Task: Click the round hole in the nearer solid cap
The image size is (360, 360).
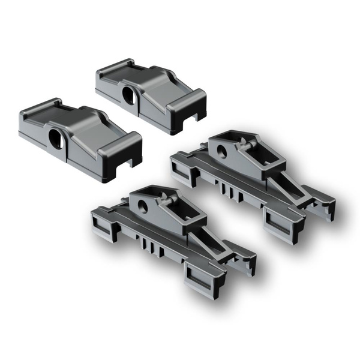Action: point(56,137)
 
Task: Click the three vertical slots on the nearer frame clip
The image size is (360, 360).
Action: point(148,245)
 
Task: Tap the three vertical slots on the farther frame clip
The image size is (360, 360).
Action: point(226,191)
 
